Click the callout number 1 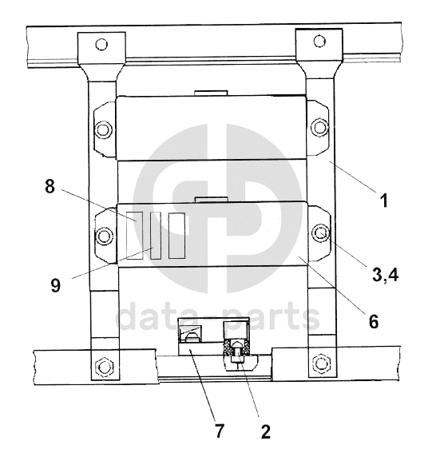tap(384, 201)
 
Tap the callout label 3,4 tap(385, 275)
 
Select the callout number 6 tap(374, 321)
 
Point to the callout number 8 tap(50, 186)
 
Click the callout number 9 tap(55, 285)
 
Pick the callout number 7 tap(220, 431)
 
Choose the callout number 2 tap(266, 431)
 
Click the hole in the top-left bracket tap(101, 45)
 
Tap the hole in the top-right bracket tap(319, 41)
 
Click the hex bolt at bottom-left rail tap(105, 367)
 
